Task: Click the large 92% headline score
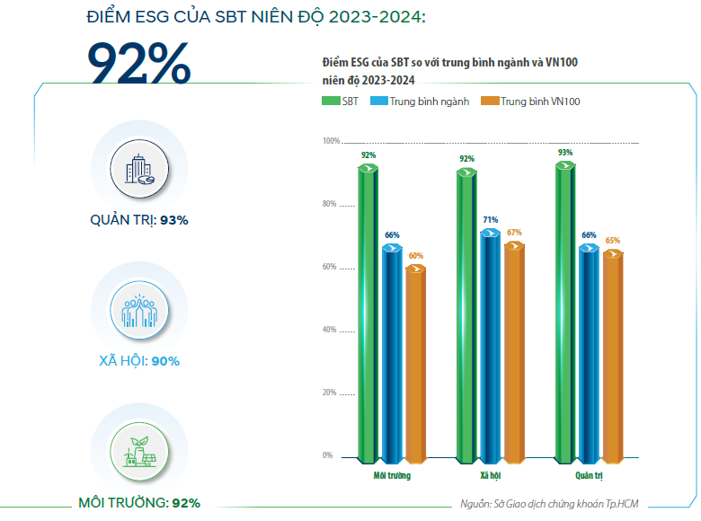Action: coord(138,64)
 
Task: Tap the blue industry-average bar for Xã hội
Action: coord(489,346)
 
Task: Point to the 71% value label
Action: coord(489,220)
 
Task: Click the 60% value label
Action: coord(415,256)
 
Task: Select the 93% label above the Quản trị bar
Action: coord(564,153)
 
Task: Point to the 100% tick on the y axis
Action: coord(330,141)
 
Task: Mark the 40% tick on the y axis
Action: coord(331,330)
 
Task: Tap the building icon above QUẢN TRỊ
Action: coord(139,169)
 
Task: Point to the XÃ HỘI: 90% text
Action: coord(139,361)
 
